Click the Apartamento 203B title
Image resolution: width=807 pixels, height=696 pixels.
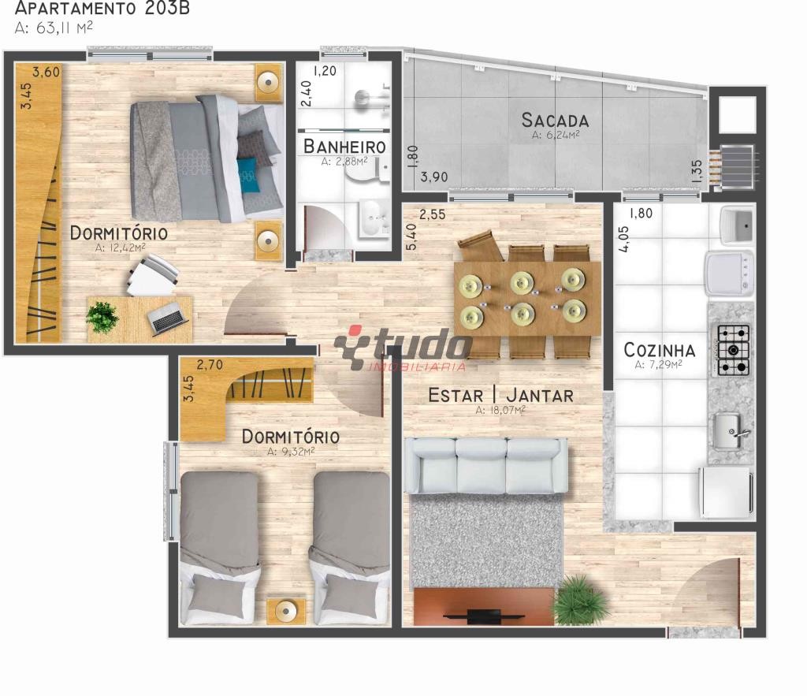[x=102, y=8]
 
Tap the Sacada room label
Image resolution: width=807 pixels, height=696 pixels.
[x=555, y=120]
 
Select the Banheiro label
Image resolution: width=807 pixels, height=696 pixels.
[x=344, y=146]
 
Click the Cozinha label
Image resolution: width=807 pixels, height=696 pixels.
[x=660, y=350]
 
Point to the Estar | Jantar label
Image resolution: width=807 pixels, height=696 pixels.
[x=500, y=396]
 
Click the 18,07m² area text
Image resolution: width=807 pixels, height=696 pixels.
[x=500, y=411]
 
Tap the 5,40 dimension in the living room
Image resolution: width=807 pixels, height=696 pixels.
[x=411, y=236]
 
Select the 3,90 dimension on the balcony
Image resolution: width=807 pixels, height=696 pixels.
[x=434, y=177]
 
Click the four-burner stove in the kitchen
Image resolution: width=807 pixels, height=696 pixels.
[x=734, y=349]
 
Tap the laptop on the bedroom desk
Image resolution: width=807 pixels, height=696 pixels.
[x=167, y=317]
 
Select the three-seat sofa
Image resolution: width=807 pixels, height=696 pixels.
[x=485, y=466]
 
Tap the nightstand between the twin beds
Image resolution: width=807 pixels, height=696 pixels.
[x=286, y=611]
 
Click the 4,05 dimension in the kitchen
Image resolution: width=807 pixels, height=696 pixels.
[x=624, y=239]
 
